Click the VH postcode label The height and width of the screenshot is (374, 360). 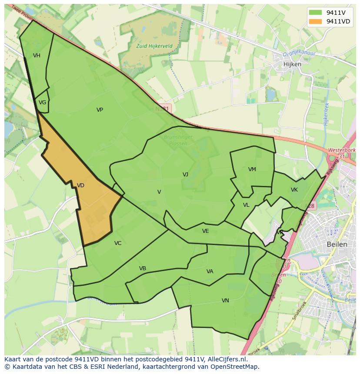tap(37, 56)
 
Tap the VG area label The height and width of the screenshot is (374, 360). tap(42, 103)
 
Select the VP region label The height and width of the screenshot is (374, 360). tap(100, 110)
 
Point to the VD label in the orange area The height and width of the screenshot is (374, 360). tap(80, 185)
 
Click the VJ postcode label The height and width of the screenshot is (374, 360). tap(185, 175)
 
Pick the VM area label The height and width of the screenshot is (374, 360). tap(252, 169)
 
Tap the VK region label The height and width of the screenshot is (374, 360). tap(294, 190)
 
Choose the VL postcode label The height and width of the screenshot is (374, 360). tap(246, 205)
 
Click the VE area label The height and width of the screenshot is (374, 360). tap(206, 231)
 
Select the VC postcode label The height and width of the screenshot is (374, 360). tap(118, 243)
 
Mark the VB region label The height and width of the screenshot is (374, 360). tap(143, 268)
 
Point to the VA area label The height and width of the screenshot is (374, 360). tap(210, 271)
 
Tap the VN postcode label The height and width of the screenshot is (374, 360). tap(225, 301)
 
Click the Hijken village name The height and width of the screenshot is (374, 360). tap(292, 64)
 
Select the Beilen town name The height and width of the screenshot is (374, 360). tap(337, 245)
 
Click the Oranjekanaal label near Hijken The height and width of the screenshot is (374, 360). tap(299, 53)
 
